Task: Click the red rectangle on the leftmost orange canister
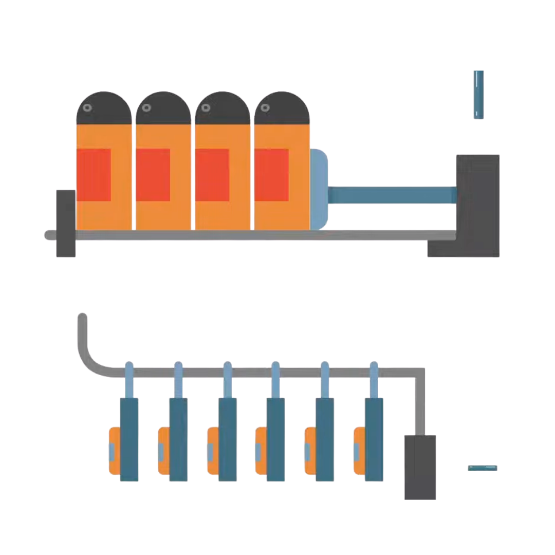point(94,175)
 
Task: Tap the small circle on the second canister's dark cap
point(146,108)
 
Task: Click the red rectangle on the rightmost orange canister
point(271,175)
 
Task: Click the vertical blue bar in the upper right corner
point(478,95)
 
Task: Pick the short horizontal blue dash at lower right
point(483,468)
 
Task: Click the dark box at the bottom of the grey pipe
point(420,467)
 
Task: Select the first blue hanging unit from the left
point(129,439)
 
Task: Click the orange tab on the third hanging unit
point(212,451)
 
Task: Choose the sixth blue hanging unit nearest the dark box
point(374,439)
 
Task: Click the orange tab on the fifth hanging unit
point(309,451)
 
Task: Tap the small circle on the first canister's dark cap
point(87,108)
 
